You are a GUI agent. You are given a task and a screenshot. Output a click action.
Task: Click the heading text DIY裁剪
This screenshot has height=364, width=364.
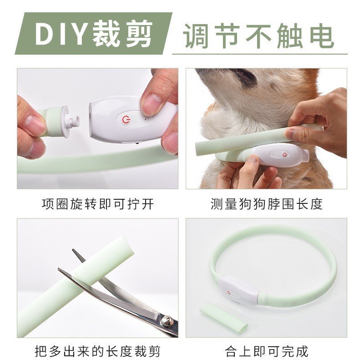coord(94,34)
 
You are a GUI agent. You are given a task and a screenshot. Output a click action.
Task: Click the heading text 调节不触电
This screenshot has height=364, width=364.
coord(258,35)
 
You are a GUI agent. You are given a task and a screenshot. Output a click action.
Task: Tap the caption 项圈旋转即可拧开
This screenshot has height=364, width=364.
coord(98,204)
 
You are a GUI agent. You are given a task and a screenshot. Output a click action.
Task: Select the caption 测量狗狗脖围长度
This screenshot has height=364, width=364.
coord(267,204)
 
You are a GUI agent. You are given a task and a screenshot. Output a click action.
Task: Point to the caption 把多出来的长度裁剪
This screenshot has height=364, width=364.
coord(98,351)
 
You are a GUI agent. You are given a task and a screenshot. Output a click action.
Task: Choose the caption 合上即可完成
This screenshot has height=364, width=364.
coord(267,351)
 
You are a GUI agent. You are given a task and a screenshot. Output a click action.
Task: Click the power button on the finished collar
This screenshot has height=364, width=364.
coord(228,292)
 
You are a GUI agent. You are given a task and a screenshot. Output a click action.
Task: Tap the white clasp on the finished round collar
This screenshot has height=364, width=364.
coord(238,291)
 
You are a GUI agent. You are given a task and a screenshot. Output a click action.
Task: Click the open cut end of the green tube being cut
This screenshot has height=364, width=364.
coord(127,247)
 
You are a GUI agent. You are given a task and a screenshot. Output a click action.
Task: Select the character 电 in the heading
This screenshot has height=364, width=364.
coord(322,36)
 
